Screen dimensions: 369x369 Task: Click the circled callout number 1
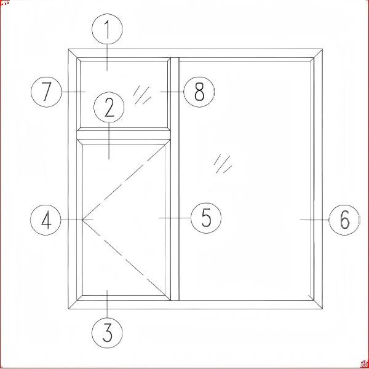click(x=107, y=29)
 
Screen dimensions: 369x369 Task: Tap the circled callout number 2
click(x=109, y=107)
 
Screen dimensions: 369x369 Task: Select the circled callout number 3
click(x=107, y=333)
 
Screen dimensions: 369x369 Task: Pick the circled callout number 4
click(x=46, y=220)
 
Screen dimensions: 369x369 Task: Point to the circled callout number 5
click(x=206, y=218)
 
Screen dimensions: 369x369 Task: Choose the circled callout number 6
click(x=344, y=220)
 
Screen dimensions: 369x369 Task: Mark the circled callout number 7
click(x=46, y=92)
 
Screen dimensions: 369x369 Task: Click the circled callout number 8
click(x=199, y=92)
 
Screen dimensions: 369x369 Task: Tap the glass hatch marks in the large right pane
click(x=223, y=164)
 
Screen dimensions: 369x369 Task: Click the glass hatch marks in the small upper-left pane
click(x=142, y=95)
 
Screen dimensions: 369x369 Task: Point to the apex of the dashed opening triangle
click(x=82, y=220)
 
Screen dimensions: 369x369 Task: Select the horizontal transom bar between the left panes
click(x=124, y=135)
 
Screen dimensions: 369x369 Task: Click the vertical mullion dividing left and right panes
click(x=175, y=179)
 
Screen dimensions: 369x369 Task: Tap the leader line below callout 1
click(x=107, y=58)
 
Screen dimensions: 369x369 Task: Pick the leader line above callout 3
click(x=107, y=304)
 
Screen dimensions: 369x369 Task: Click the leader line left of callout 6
click(x=315, y=220)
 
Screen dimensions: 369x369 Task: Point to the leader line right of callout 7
click(x=73, y=92)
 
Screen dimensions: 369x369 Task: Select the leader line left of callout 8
click(x=172, y=92)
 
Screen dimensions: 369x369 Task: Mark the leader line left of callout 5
click(x=175, y=218)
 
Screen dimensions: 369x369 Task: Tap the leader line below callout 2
click(x=109, y=141)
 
